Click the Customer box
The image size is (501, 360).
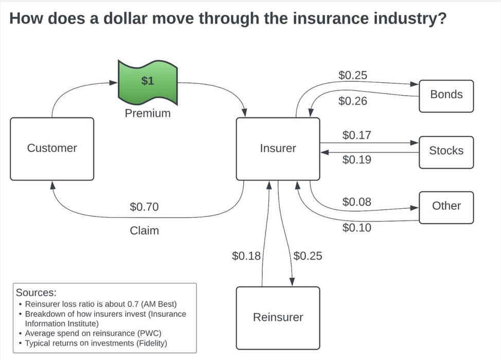(x=52, y=149)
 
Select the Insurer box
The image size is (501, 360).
(x=278, y=149)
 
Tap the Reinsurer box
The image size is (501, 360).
(x=278, y=317)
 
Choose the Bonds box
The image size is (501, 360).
(x=446, y=95)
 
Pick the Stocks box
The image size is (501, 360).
(x=446, y=151)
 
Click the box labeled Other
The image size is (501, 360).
(x=446, y=206)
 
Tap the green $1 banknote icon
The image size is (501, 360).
(x=148, y=81)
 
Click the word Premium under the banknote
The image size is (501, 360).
(x=148, y=113)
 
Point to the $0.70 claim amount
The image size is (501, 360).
(x=144, y=207)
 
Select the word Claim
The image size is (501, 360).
(x=144, y=231)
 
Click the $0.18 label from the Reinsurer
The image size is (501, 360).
(x=246, y=256)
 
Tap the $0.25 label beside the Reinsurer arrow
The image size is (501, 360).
(x=308, y=256)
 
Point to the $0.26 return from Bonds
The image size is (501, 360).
(x=353, y=101)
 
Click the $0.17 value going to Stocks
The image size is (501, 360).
(x=357, y=136)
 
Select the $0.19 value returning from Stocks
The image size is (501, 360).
(x=357, y=160)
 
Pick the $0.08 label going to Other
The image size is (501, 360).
(x=357, y=202)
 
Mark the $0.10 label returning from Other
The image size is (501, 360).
(x=357, y=227)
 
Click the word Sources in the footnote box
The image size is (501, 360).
(x=36, y=293)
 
